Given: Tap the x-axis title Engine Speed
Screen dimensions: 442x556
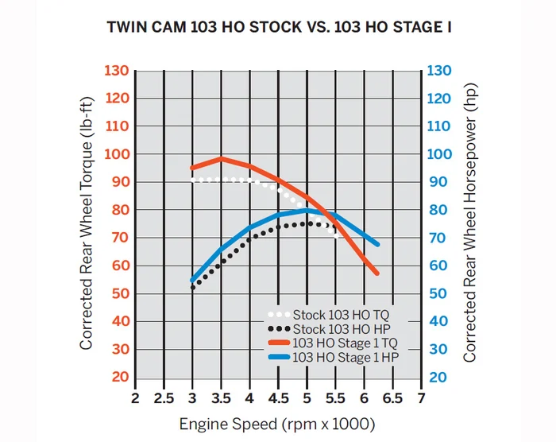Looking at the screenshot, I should tap(277, 423).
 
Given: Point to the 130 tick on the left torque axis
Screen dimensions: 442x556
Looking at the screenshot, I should tap(116, 71).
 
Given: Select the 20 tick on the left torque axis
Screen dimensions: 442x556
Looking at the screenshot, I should tap(120, 377).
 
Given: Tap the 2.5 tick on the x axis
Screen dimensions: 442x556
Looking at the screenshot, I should tap(164, 397).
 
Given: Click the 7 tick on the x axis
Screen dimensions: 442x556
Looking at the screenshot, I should tap(420, 397).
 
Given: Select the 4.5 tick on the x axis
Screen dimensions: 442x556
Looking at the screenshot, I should tap(278, 397).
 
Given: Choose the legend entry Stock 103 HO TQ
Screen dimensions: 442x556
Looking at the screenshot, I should tap(341, 314).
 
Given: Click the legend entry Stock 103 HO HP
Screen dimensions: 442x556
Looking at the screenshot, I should tap(341, 328).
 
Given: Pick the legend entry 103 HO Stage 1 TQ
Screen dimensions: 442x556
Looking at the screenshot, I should tap(344, 343).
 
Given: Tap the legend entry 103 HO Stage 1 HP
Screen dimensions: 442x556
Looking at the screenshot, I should tap(344, 358).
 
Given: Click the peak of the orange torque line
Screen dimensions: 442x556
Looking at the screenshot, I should tap(222, 159).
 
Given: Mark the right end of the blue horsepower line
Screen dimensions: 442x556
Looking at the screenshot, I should tap(377, 244).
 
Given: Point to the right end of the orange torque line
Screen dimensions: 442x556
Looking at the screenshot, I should tap(377, 273).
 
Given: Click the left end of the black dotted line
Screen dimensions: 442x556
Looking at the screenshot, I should tap(193, 287).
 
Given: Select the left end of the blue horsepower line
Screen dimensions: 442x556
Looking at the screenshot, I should tap(193, 281).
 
